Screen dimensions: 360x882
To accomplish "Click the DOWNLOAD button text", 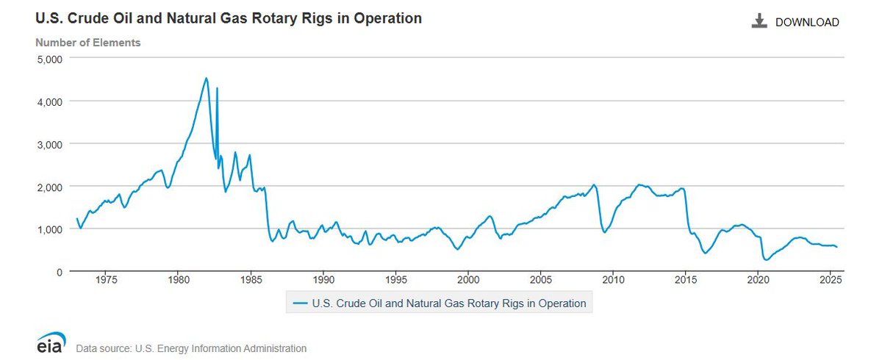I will [807, 22].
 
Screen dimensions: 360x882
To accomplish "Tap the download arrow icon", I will [759, 21].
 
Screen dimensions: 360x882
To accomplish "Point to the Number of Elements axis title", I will [88, 43].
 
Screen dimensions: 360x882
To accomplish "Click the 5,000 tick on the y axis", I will [50, 58].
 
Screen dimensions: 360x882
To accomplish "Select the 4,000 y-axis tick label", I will [50, 101].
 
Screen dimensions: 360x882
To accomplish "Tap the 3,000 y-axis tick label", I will [50, 143].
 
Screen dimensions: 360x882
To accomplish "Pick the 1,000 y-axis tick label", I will [50, 229].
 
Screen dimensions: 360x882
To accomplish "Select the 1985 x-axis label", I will [251, 280].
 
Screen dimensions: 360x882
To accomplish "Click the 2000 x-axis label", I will [469, 280].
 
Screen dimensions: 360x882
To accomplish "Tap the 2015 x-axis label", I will [686, 280].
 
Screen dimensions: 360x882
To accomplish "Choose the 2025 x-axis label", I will [831, 280].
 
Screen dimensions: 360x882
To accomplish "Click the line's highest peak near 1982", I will [206, 78].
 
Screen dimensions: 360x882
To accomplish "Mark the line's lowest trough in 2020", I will [766, 260].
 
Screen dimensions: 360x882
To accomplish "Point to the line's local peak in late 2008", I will [594, 184].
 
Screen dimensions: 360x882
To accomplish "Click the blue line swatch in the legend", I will [300, 303].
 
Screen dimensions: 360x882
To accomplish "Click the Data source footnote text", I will [191, 348].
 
